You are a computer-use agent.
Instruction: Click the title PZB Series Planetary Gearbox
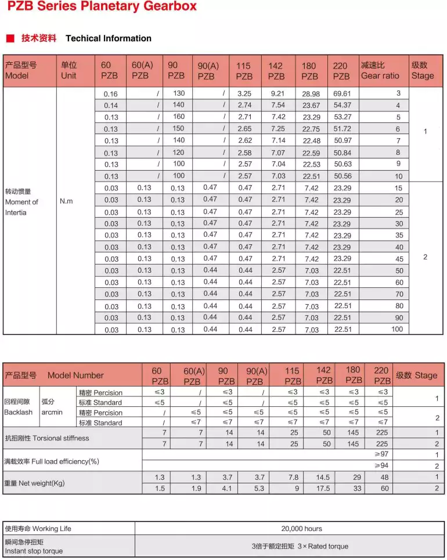(x=102, y=8)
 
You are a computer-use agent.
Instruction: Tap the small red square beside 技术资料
(x=10, y=38)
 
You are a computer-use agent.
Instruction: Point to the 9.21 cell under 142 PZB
(x=278, y=93)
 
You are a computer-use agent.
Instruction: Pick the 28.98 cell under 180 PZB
(x=311, y=93)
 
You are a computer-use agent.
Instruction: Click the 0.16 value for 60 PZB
(x=110, y=94)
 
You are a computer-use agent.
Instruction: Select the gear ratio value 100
(x=396, y=329)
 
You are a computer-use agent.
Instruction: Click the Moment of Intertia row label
(x=21, y=202)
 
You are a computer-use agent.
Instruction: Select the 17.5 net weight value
(x=323, y=489)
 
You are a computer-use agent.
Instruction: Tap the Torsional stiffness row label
(x=47, y=438)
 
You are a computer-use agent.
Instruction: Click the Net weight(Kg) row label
(x=34, y=483)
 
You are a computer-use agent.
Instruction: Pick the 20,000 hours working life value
(x=301, y=529)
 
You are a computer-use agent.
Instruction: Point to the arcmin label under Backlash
(x=50, y=413)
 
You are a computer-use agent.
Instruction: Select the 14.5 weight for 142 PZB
(x=323, y=478)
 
